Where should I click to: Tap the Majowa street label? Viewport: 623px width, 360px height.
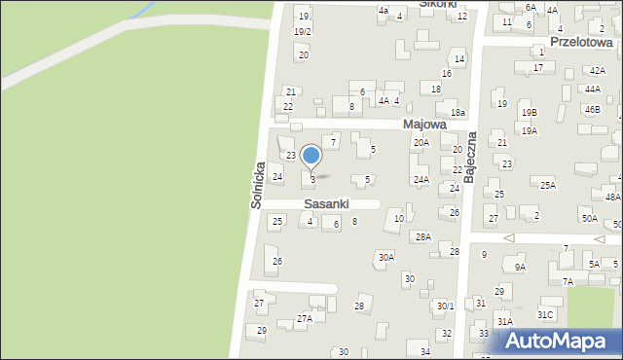pyautogui.click(x=423, y=125)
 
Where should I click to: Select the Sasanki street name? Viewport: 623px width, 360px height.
pyautogui.click(x=326, y=204)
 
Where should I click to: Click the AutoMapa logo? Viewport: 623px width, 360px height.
pyautogui.click(x=561, y=342)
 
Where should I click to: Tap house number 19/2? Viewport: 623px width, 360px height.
pyautogui.click(x=303, y=32)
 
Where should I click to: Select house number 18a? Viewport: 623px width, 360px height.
pyautogui.click(x=458, y=114)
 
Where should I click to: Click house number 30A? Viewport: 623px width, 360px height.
pyautogui.click(x=386, y=257)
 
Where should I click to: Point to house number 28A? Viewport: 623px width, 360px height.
pyautogui.click(x=423, y=236)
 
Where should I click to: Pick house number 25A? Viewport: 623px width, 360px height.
pyautogui.click(x=548, y=186)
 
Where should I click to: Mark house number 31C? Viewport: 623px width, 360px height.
pyautogui.click(x=545, y=314)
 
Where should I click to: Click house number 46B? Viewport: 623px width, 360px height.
pyautogui.click(x=593, y=109)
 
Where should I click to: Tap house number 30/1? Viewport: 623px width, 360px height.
pyautogui.click(x=445, y=306)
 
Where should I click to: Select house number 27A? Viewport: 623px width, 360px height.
pyautogui.click(x=305, y=318)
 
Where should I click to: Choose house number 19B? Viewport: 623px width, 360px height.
pyautogui.click(x=529, y=113)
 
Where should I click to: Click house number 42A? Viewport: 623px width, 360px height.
pyautogui.click(x=597, y=70)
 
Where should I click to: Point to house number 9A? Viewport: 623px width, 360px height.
pyautogui.click(x=520, y=268)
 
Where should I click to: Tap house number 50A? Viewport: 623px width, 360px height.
pyautogui.click(x=590, y=219)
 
